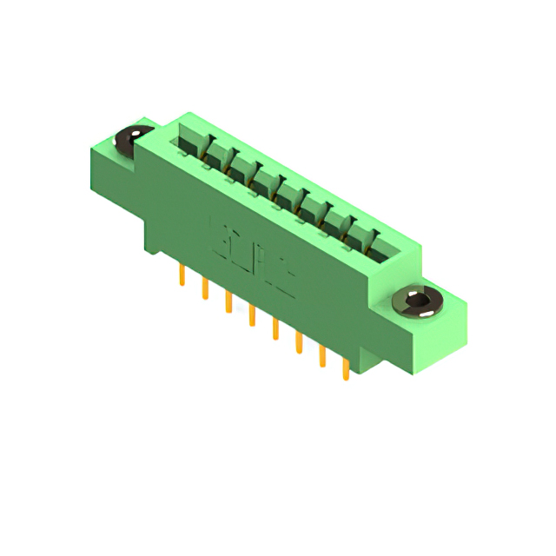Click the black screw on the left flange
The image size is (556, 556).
tap(135, 140)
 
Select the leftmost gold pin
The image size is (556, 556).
tap(182, 277)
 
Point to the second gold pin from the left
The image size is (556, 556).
tap(205, 289)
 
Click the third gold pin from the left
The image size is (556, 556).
tap(228, 302)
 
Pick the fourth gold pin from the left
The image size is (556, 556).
tap(252, 316)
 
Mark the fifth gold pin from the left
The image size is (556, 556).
tap(275, 329)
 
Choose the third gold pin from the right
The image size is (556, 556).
tap(299, 342)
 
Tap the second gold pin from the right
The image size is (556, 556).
tap(322, 355)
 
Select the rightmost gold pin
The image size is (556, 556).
tap(346, 368)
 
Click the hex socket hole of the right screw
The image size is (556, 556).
tap(420, 301)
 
